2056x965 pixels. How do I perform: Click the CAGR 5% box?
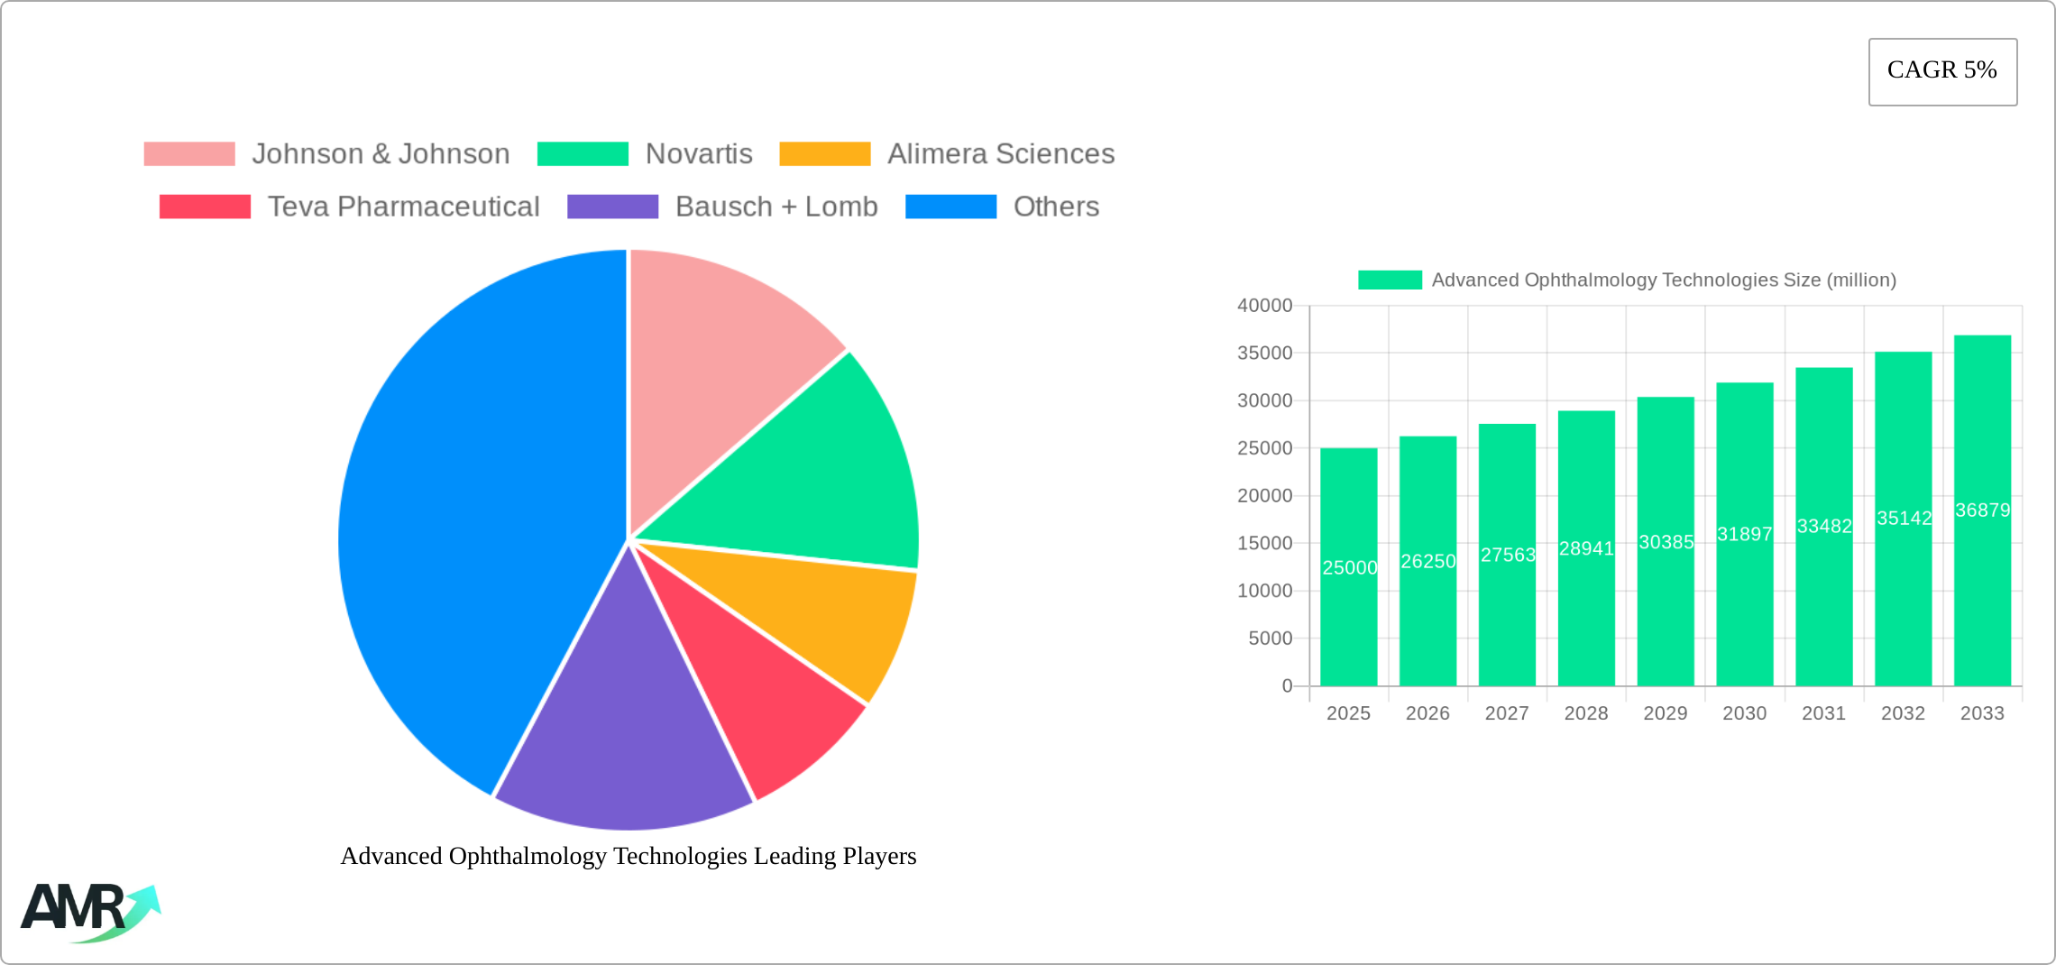[x=1942, y=71]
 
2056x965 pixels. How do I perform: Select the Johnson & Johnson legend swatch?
[x=189, y=154]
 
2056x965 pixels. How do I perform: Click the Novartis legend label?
[x=699, y=154]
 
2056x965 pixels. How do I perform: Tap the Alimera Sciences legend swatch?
[x=824, y=154]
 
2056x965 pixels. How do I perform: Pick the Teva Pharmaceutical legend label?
[x=403, y=207]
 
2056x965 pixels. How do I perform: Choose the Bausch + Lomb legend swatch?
[x=612, y=207]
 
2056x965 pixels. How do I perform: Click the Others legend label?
[x=1056, y=207]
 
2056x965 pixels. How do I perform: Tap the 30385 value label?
[x=1666, y=542]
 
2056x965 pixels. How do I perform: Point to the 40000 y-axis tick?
[x=1264, y=306]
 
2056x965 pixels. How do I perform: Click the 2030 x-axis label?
[x=1744, y=713]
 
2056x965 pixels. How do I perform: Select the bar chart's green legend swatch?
[x=1390, y=280]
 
